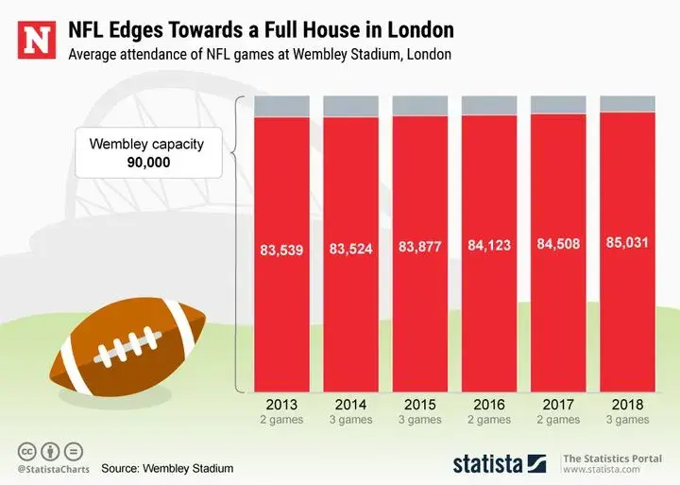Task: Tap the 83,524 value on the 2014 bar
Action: coord(351,250)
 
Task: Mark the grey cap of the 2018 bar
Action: coord(627,103)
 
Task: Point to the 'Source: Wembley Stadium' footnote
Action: coord(167,468)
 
